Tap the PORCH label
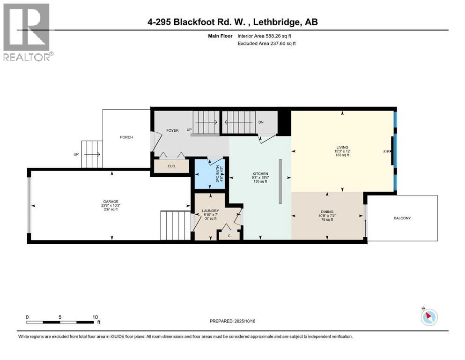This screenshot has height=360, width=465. (126, 137)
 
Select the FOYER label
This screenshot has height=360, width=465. (172, 130)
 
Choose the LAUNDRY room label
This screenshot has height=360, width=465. (210, 210)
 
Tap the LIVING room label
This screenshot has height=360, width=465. (342, 147)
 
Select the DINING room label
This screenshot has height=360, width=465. (327, 212)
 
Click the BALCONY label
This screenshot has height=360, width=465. (402, 218)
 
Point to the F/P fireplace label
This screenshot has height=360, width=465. (386, 151)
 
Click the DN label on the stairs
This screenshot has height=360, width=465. (261, 122)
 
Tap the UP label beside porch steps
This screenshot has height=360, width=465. (76, 154)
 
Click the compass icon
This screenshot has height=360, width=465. (428, 317)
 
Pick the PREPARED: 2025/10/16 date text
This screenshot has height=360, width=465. (232, 321)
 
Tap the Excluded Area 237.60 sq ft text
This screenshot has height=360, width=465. (267, 44)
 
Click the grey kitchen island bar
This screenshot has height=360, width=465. (280, 181)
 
